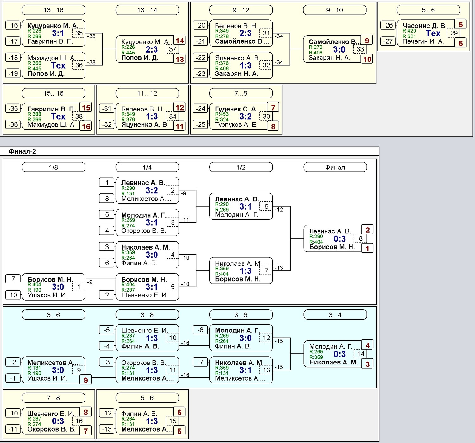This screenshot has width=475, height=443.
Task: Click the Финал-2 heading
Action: pos(22,151)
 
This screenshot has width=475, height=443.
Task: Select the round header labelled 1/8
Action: pos(53,167)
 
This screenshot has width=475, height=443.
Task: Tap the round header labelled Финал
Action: pos(335,167)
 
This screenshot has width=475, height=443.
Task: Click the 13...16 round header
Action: pos(53,10)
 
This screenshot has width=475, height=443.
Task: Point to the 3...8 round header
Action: pos(147,315)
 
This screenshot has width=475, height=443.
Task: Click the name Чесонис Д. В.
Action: pos(424,26)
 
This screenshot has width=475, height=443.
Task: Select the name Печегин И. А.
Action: pos(423,41)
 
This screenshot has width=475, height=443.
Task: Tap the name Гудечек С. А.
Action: pos(236,109)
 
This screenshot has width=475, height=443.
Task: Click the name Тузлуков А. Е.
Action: pos(236,125)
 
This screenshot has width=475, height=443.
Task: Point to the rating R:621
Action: pos(409,36)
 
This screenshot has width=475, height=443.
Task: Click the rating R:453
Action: pos(222,114)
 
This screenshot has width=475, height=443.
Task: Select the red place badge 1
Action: pos(367,249)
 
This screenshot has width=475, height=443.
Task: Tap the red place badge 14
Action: pos(180,41)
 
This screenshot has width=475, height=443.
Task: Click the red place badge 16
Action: pos(86,126)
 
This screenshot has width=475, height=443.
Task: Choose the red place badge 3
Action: pos(367,364)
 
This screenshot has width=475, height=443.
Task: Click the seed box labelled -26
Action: pos(388,25)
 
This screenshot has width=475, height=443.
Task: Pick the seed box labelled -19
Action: pos(13,73)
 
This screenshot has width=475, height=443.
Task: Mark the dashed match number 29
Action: pos(454,33)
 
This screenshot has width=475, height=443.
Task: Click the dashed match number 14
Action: pos(360,354)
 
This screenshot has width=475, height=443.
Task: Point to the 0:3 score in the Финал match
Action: pos(340,239)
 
